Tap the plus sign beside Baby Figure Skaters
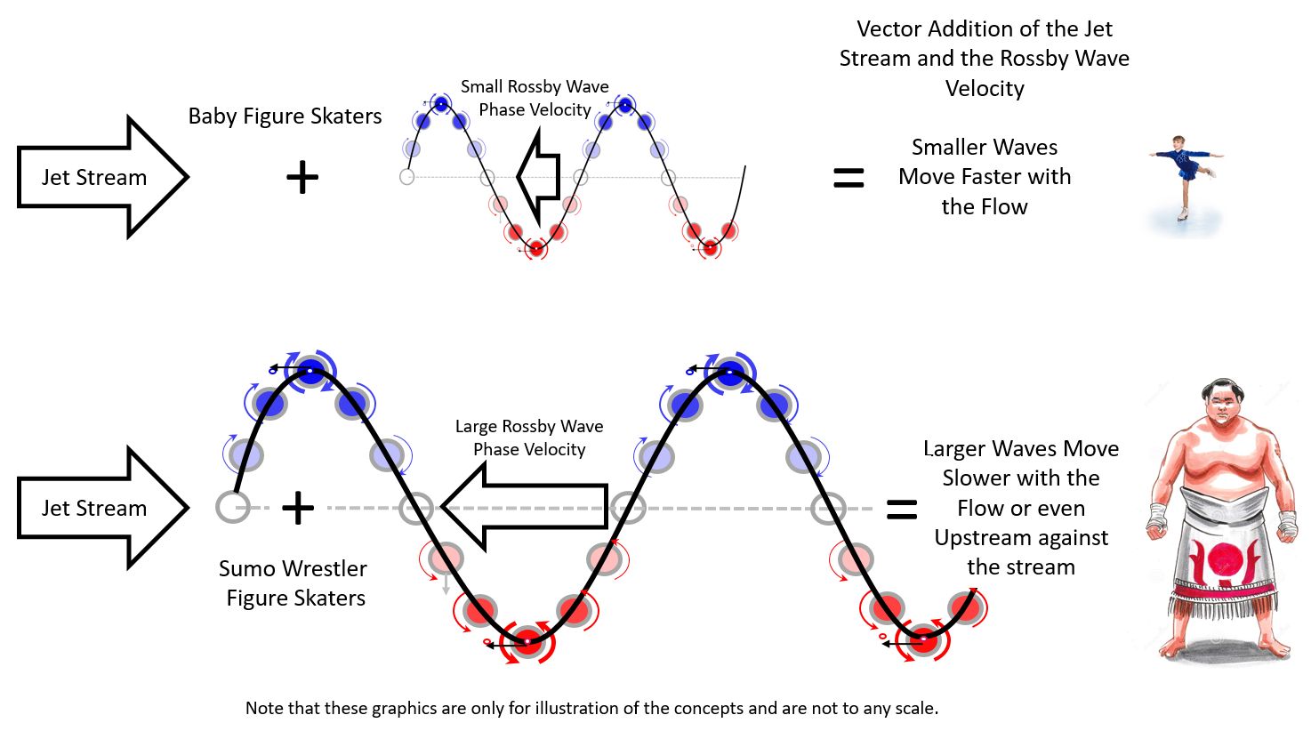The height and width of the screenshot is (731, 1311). pos(302,178)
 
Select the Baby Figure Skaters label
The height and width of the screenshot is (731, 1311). pos(285,116)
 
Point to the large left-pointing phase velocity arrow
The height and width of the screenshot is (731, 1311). pos(525,508)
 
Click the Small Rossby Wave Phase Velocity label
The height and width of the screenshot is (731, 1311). pos(535,98)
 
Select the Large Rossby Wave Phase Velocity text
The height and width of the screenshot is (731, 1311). pos(529,438)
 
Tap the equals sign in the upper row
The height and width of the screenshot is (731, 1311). pos(849,179)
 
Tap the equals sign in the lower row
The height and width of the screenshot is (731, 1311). pos(902,510)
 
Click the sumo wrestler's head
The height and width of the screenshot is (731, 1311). pos(1223,405)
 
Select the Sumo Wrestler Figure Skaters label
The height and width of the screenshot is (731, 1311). pos(294,582)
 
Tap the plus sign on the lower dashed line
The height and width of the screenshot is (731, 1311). pos(298,508)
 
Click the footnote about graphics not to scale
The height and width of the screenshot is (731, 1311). pos(591,709)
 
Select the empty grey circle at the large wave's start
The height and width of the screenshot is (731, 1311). pos(233,507)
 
